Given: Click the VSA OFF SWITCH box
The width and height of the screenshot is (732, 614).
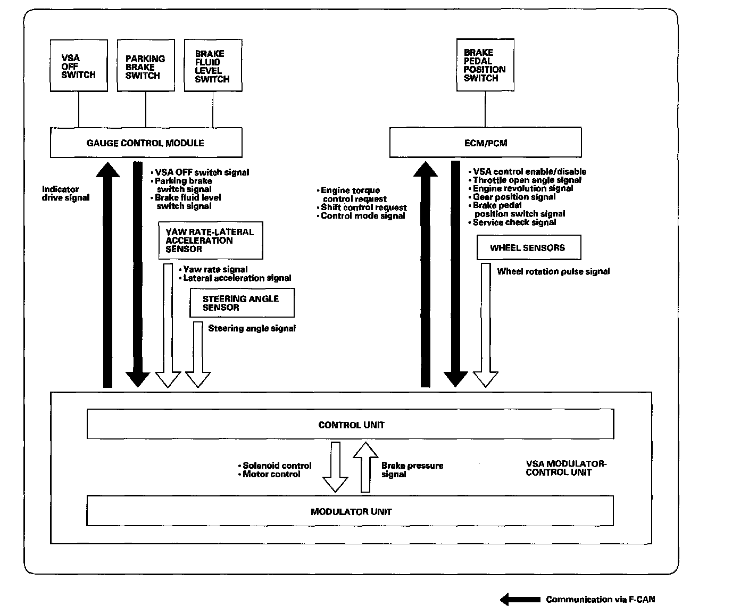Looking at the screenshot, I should coord(78,66).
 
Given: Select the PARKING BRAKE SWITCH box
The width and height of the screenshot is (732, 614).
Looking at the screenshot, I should coord(145,66).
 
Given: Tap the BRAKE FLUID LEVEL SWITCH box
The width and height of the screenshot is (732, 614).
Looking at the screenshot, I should coord(213,66).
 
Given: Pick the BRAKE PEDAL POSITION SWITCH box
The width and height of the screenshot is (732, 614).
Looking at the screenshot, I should coord(485,65).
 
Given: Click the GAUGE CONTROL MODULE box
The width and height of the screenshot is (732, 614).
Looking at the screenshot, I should coord(146,143).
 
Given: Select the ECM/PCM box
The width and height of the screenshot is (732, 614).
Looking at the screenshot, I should coord(485,143).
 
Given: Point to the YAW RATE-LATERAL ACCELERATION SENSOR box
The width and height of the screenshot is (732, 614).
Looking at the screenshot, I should coord(210,240).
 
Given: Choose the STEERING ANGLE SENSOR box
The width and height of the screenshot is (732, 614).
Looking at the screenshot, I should coord(242,303).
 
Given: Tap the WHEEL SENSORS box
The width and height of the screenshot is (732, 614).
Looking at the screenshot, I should coord(528,247).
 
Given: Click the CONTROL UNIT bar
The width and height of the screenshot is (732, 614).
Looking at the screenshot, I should coord(350,424).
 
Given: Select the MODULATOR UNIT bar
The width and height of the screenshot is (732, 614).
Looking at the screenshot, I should coord(350,511).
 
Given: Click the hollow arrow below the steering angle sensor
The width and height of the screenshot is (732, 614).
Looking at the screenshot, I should coord(198,354).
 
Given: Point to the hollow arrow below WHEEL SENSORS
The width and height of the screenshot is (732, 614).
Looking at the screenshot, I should coord(485,325).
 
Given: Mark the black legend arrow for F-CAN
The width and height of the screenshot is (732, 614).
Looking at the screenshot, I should coord(520,599).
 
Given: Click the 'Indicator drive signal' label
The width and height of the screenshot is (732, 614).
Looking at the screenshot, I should coord(65,193).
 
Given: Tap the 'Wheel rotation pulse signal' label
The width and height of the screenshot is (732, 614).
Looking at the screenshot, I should coord(553,271).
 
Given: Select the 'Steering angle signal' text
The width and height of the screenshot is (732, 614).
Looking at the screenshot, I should coord(252,328).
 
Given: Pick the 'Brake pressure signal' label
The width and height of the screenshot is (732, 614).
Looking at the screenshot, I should coord(412,470).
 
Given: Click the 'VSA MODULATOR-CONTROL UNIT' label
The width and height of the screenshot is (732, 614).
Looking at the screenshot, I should coord(565,468).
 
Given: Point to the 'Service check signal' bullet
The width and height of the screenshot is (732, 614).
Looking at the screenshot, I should coord(514,222).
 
